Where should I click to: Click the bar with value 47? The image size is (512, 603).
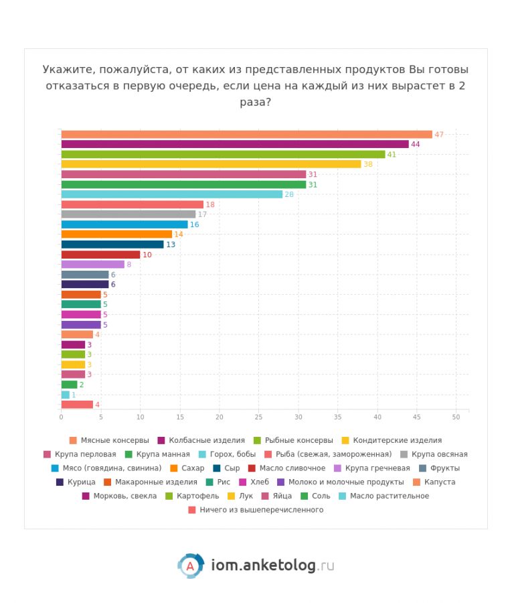246,134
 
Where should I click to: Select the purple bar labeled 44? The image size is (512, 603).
234,144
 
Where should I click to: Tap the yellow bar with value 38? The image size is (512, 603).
211,164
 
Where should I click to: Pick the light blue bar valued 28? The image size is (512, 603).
171,194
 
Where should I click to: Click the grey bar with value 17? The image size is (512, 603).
128,214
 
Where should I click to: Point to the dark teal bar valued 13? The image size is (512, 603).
112,245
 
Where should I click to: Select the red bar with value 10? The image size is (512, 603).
100,255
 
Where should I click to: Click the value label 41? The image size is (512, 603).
392,154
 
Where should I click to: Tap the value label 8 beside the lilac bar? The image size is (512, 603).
129,265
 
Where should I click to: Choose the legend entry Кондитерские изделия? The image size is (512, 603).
396,440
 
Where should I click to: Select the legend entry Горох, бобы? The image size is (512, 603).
232,454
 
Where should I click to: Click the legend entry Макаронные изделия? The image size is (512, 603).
155,482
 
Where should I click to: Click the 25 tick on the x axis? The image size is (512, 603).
258,417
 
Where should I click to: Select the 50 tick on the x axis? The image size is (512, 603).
456,417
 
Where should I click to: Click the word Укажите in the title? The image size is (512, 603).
64,70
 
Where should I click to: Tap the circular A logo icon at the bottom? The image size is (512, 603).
190,566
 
